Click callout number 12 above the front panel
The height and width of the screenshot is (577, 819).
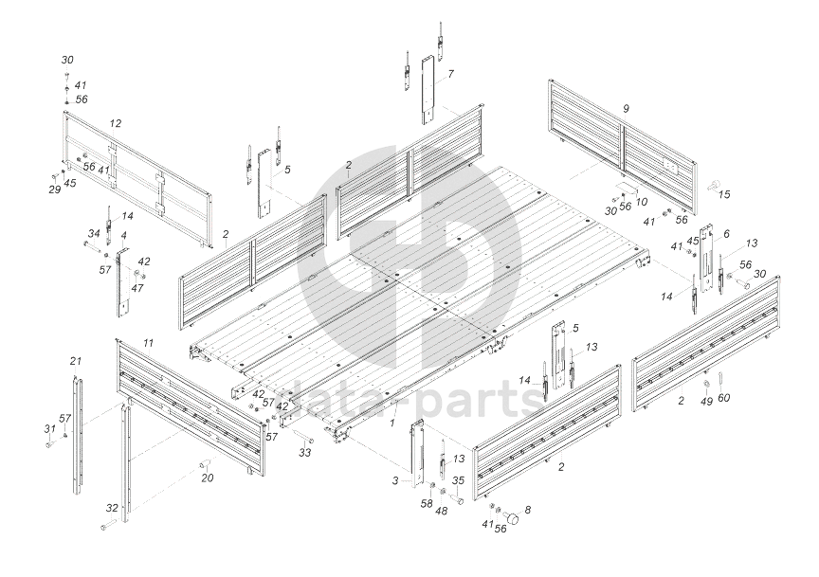115,123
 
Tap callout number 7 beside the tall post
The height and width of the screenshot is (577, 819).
450,73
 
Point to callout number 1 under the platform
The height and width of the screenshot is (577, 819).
392,422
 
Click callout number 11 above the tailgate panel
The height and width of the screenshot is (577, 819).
148,340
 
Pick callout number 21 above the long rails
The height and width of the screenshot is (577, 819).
76,360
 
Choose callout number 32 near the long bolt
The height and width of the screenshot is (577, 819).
112,509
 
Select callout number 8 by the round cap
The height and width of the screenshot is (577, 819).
528,511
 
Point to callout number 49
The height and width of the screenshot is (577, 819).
706,401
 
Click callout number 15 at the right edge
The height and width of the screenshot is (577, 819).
725,195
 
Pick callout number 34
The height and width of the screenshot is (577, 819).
93,233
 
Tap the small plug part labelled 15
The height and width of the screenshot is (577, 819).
712,181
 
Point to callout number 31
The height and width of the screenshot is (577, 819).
48,429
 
